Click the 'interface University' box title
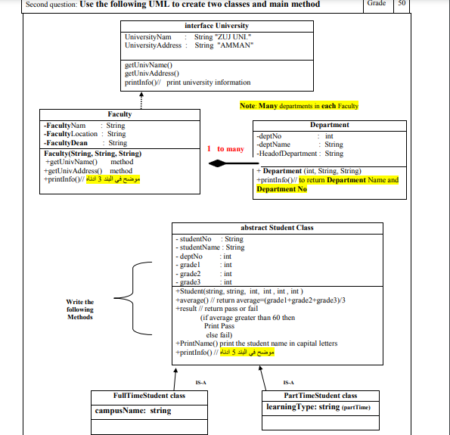tap(217, 26)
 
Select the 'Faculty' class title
tap(119, 114)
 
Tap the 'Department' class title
tap(330, 125)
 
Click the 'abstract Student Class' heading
tap(277, 227)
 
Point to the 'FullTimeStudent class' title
tap(149, 396)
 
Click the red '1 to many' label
tap(226, 149)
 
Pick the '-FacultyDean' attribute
tap(66, 143)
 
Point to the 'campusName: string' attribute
tap(133, 411)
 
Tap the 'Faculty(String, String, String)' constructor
tap(92, 154)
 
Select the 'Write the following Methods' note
tap(80, 309)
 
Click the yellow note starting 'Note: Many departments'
tap(299, 106)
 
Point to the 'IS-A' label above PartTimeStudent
tap(288, 382)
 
